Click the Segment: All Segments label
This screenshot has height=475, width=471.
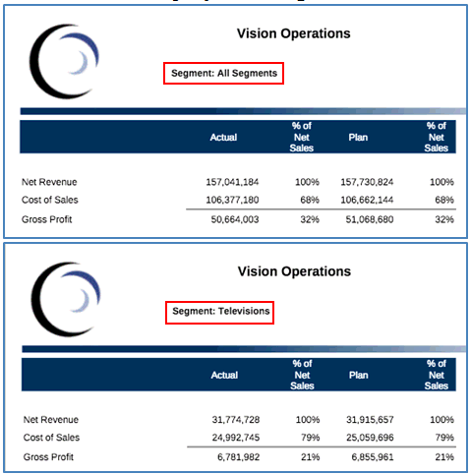(223, 73)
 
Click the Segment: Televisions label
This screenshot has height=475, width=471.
(220, 312)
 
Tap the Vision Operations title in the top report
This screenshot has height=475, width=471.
(293, 33)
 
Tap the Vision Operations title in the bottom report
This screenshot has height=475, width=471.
(293, 271)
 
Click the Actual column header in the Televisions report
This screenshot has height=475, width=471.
(224, 375)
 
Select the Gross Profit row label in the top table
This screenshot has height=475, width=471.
(46, 218)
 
